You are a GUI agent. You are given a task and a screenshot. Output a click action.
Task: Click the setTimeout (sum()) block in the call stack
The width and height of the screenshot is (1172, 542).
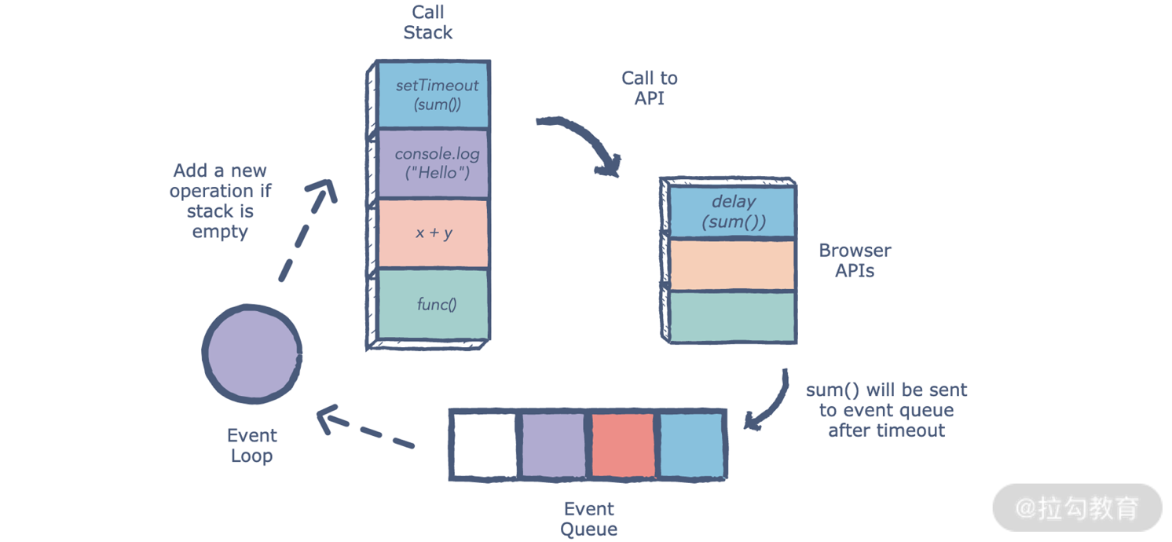(434, 94)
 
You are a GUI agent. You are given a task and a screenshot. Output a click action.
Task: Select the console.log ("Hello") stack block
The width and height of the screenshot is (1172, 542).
(434, 163)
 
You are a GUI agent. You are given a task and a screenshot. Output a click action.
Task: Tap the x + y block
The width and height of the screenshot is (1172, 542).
(434, 233)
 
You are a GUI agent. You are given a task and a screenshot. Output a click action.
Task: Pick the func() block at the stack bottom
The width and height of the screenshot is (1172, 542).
(434, 304)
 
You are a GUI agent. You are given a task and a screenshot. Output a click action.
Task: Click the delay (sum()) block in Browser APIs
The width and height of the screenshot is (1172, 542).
(732, 212)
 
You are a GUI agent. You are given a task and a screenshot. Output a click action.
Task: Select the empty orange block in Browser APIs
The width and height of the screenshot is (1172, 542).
(732, 265)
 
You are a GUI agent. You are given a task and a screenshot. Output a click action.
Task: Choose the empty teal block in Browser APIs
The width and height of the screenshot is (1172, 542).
(732, 316)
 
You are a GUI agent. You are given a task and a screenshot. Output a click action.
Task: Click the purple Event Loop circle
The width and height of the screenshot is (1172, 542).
(252, 354)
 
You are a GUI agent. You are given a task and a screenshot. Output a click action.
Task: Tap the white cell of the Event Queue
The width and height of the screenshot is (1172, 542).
(485, 445)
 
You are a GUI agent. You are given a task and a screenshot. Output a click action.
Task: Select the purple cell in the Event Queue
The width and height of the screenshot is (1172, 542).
(554, 445)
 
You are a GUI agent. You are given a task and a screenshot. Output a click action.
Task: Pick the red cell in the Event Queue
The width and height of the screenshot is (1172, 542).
(623, 445)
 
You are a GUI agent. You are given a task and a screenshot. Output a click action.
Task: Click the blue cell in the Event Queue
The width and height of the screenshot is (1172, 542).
(691, 445)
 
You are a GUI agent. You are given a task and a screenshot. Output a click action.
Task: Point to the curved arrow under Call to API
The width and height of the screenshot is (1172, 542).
(585, 140)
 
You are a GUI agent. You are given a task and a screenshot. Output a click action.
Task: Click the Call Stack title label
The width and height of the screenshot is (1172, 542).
(428, 22)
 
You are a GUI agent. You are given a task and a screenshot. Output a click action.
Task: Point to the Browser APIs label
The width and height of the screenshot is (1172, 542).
(855, 261)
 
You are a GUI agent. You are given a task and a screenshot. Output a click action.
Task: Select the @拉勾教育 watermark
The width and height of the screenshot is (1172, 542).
(1077, 508)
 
